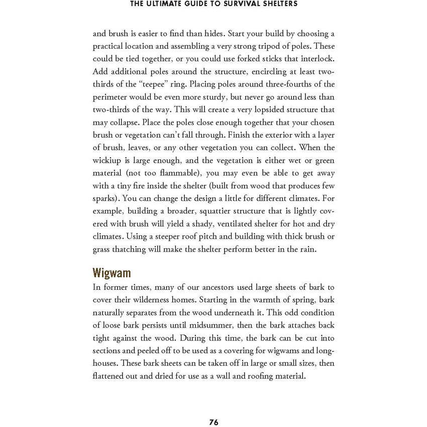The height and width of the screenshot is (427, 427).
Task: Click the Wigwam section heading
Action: (x=112, y=273)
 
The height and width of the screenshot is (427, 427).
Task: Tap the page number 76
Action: (x=213, y=422)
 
